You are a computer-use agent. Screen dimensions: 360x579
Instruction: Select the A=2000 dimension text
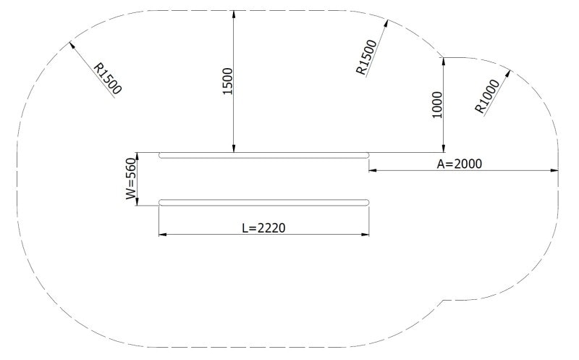[x=459, y=164]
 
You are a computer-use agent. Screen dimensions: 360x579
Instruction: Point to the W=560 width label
[x=130, y=179]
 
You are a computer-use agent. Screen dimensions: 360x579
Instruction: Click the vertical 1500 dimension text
[x=227, y=81]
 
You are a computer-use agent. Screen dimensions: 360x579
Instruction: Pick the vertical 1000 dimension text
[x=436, y=106]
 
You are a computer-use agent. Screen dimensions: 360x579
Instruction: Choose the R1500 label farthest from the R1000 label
[x=108, y=78]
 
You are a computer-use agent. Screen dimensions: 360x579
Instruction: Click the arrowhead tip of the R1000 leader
[x=510, y=71]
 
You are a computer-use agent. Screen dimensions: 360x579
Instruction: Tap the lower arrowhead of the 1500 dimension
[x=234, y=151]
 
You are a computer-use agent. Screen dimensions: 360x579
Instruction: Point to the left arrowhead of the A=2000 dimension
[x=370, y=171]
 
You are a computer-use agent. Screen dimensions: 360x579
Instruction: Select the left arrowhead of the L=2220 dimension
[x=160, y=235]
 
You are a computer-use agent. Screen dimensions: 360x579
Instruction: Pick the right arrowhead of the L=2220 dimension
[x=369, y=235]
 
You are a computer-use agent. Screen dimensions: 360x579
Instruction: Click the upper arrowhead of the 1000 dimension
[x=443, y=59]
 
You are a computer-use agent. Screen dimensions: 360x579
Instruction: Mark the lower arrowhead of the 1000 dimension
[x=443, y=151]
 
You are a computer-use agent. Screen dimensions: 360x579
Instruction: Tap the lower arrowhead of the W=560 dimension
[x=138, y=204]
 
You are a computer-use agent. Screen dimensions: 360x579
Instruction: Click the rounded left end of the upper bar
[x=161, y=155]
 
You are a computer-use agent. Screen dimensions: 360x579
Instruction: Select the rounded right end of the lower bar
[x=367, y=202]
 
